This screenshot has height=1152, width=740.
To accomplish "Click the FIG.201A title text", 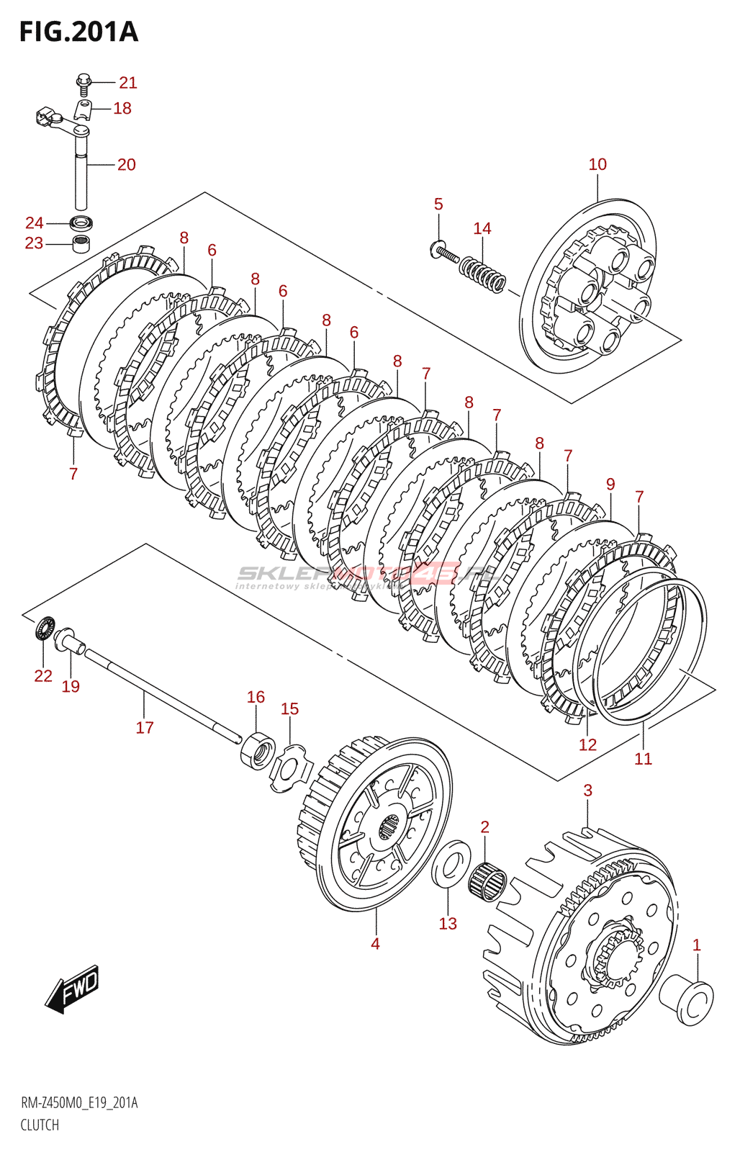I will click(78, 32).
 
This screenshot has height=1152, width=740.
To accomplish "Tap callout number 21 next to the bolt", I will click(128, 83).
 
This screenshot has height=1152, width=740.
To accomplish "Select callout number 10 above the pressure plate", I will click(597, 164).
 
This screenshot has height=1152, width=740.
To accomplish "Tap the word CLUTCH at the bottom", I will click(40, 1125).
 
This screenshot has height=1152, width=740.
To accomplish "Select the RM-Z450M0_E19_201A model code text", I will click(79, 1103).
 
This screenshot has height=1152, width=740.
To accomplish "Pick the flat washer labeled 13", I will click(451, 864).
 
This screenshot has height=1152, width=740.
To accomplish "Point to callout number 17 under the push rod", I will click(145, 728).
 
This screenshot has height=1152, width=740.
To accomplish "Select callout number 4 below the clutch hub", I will click(375, 943).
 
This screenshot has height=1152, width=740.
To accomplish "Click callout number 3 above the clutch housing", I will click(587, 791).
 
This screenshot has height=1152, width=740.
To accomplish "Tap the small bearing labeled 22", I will click(45, 629).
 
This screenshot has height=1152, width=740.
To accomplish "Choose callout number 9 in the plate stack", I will click(610, 484).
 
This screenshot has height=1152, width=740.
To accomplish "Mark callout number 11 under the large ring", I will click(643, 758).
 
